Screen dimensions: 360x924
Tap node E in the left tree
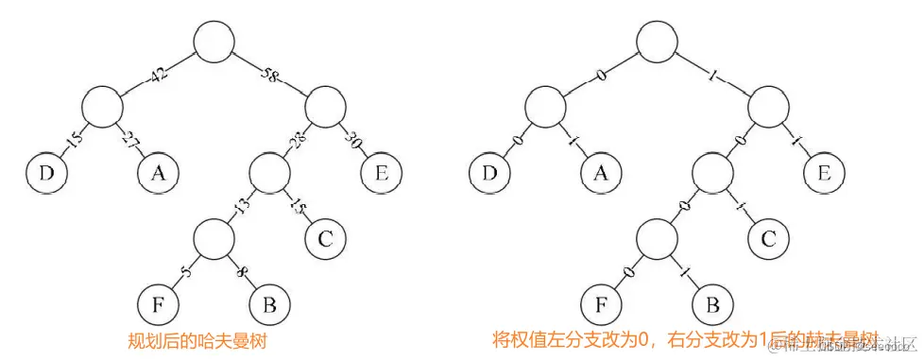tap(379, 172)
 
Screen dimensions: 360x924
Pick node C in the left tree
tap(324, 236)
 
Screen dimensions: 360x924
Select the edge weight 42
tap(158, 75)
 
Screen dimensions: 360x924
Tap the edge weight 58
tap(269, 75)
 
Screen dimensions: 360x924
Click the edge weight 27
tap(129, 142)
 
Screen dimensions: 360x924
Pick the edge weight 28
tap(297, 142)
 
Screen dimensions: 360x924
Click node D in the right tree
tap(488, 172)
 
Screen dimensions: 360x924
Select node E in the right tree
tap(823, 172)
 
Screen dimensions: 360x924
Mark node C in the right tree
tap(768, 236)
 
